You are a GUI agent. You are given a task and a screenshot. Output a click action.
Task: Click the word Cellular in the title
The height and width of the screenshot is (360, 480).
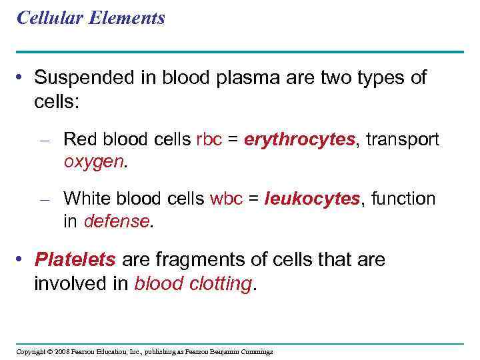[43, 18]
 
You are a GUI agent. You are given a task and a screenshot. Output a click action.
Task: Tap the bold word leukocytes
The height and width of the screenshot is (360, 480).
[312, 199]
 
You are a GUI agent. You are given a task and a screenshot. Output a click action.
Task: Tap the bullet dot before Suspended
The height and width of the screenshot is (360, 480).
[22, 79]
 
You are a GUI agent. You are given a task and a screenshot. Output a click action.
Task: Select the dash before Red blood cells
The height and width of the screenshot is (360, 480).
[45, 141]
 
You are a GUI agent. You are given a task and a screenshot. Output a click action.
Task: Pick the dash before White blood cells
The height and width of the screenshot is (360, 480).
[45, 199]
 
